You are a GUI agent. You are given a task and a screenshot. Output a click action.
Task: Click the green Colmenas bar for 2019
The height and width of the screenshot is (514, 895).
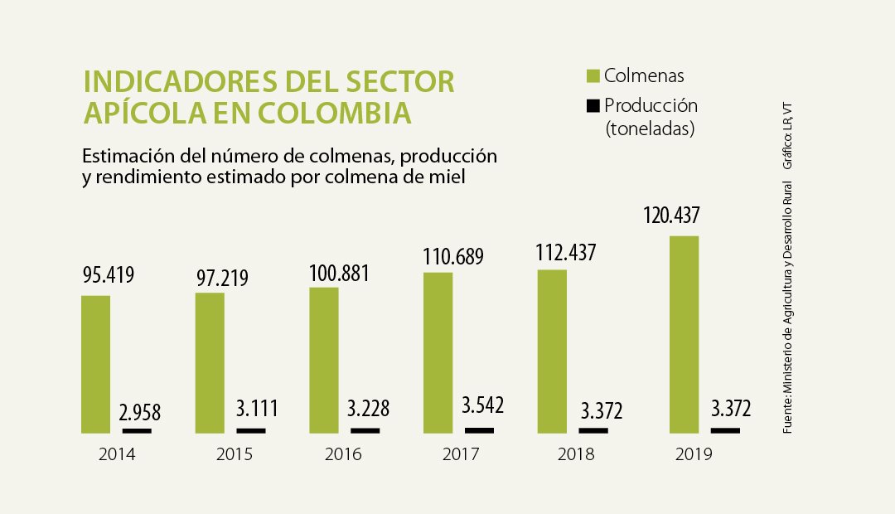point(684,335)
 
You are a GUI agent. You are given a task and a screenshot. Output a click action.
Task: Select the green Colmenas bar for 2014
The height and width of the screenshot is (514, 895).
point(96,365)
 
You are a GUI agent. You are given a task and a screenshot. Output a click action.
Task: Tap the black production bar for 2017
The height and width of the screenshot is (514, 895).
point(480,430)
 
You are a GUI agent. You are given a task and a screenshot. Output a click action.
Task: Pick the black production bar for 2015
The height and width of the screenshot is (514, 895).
point(251,430)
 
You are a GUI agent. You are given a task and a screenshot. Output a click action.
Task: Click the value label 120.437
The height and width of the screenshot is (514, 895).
point(671,216)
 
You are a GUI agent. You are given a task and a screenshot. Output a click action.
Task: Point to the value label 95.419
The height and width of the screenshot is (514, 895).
point(109,274)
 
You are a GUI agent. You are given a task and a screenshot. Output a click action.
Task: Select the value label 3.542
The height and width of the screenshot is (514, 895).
point(483,405)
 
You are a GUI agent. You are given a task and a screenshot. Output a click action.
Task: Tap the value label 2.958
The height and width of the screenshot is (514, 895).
point(140,412)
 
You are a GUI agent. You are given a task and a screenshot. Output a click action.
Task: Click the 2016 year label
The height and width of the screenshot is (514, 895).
point(343,454)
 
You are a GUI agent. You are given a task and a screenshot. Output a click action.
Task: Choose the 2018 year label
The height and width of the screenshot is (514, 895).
point(576,454)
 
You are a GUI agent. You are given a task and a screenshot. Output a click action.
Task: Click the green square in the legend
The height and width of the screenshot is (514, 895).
point(593,76)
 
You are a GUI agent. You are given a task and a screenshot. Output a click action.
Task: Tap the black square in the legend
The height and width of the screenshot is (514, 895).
point(593,105)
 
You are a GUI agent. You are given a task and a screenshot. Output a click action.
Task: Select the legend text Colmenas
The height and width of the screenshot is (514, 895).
point(644,75)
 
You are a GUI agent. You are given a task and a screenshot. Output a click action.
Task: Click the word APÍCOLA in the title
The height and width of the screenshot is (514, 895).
point(144,113)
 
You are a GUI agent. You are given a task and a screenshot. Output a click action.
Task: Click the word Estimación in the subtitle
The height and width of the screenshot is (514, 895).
point(128,156)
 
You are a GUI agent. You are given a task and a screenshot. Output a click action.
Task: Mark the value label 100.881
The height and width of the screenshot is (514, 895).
point(339,274)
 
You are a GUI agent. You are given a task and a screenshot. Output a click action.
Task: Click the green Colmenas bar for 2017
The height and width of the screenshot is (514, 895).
point(438,353)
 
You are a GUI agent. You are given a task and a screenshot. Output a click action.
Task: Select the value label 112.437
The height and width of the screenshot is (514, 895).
point(566,253)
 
